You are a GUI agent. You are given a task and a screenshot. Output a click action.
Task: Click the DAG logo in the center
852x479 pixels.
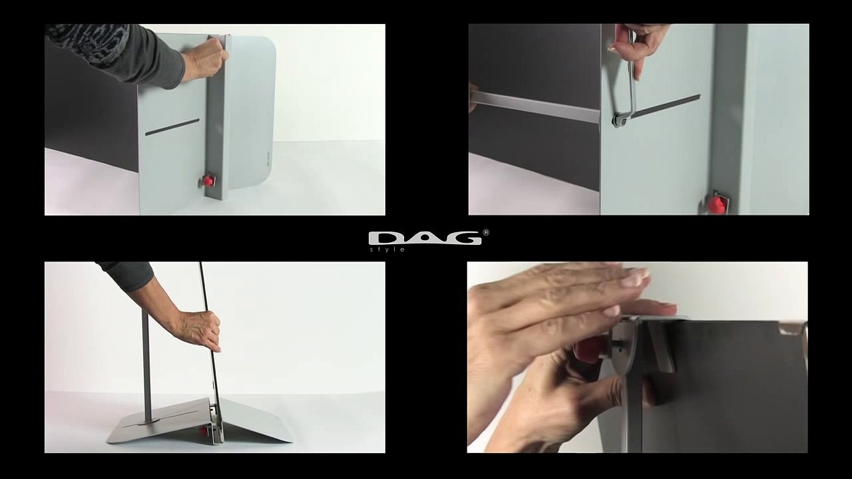[x=425, y=238]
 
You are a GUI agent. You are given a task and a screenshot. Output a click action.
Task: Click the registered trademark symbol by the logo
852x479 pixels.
[x=486, y=232]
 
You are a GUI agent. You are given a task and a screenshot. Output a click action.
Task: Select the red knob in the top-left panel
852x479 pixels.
[x=208, y=180]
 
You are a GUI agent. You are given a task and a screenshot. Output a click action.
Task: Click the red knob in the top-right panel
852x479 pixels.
[x=716, y=206]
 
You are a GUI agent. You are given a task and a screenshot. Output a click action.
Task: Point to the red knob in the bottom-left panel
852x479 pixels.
[x=204, y=430]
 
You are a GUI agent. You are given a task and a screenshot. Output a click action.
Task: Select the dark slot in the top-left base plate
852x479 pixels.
[x=172, y=127]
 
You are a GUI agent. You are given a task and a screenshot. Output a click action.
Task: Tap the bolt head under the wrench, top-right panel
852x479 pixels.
[x=620, y=120]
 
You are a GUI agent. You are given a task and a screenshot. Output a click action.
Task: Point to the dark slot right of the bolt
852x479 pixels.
[x=666, y=106]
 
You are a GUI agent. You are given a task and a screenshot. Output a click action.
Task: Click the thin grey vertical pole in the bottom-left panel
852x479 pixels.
[x=147, y=365]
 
